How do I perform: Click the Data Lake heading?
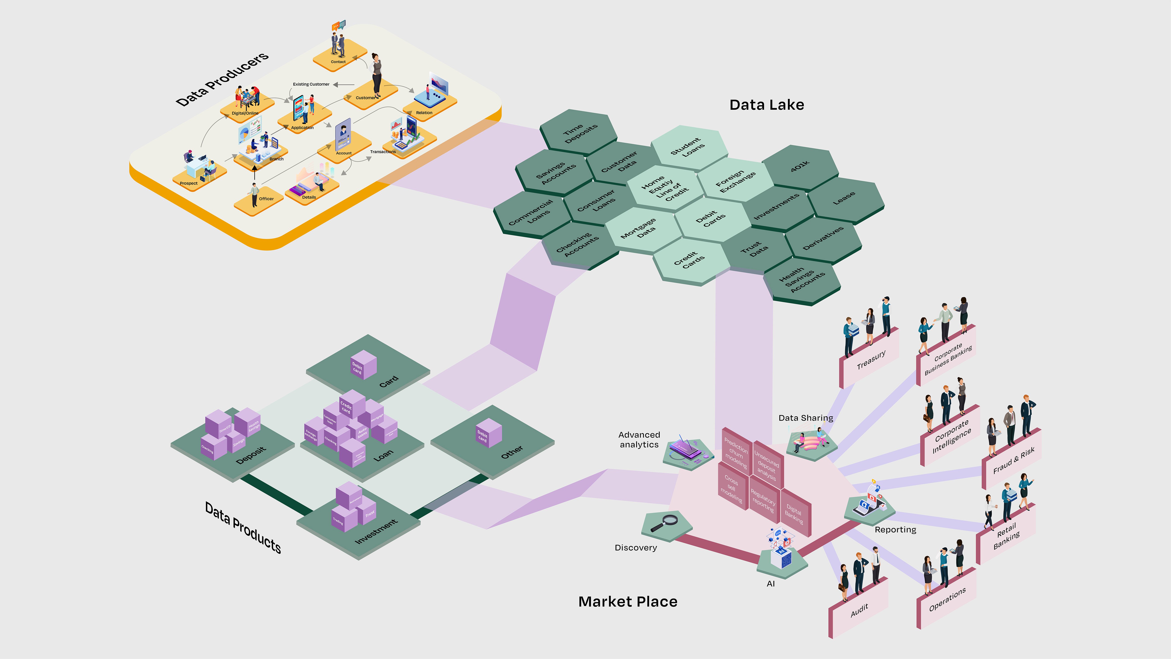pos(766,105)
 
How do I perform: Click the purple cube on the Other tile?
pos(488,433)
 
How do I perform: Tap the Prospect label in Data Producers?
pos(189,183)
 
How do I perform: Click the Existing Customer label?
pos(311,84)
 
